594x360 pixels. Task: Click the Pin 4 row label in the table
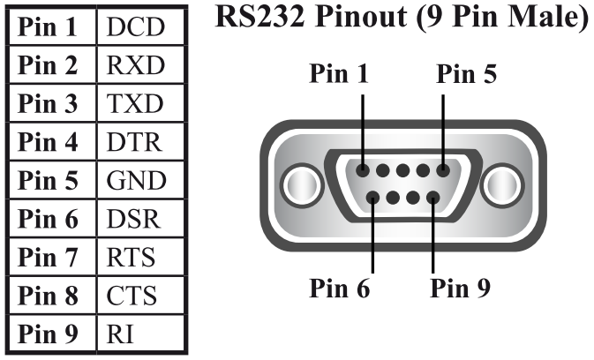coord(52,142)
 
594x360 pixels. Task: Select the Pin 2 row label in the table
coord(52,65)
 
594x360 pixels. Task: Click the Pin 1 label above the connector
coord(339,75)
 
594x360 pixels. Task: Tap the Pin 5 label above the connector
coord(466,75)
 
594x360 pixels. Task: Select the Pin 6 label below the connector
coord(339,289)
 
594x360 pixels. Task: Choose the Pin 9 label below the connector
coord(460,289)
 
